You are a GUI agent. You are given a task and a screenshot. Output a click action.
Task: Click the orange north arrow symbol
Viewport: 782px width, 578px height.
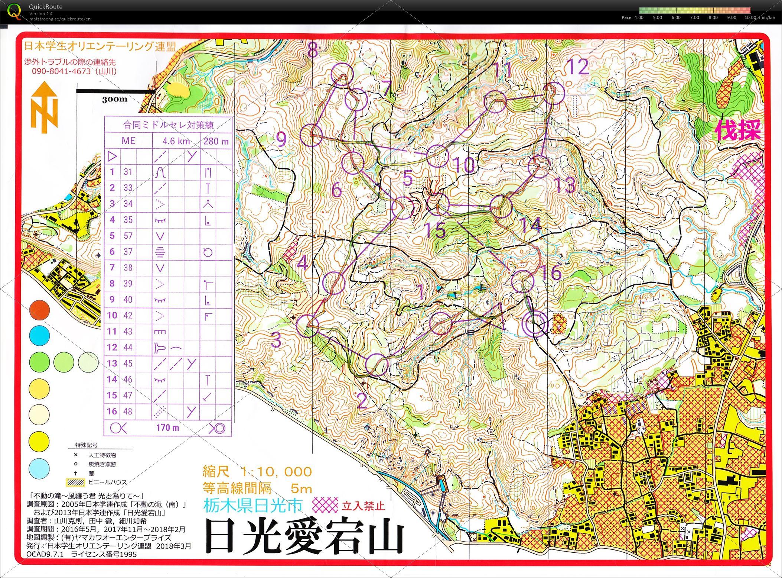coord(45,108)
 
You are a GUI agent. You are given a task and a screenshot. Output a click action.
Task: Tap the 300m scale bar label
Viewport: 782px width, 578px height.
coord(115,99)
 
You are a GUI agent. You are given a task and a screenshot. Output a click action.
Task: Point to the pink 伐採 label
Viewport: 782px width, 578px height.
coord(738,130)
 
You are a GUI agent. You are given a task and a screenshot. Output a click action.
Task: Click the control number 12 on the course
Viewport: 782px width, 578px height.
coord(578,67)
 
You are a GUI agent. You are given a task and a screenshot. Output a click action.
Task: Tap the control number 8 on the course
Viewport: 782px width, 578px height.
coord(313,49)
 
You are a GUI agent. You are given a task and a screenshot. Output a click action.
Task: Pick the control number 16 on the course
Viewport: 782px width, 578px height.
coord(552,272)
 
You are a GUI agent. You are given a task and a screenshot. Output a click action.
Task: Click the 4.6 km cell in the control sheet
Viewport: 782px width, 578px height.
coord(176,141)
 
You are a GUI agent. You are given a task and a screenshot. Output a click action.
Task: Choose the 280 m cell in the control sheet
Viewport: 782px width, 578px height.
coord(216,141)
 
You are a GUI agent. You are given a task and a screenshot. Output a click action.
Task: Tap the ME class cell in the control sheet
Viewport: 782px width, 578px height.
coord(128,141)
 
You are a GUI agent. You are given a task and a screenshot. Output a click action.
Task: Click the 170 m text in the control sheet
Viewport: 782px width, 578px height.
coord(168,427)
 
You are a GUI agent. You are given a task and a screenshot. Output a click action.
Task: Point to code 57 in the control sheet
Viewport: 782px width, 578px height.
coord(128,236)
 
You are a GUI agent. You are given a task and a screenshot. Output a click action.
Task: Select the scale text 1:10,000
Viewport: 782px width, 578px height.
coord(276,472)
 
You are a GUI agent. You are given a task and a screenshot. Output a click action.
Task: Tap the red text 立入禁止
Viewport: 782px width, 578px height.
coord(363,506)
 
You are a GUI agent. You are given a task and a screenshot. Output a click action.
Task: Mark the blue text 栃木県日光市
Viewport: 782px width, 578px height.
coord(253,506)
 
